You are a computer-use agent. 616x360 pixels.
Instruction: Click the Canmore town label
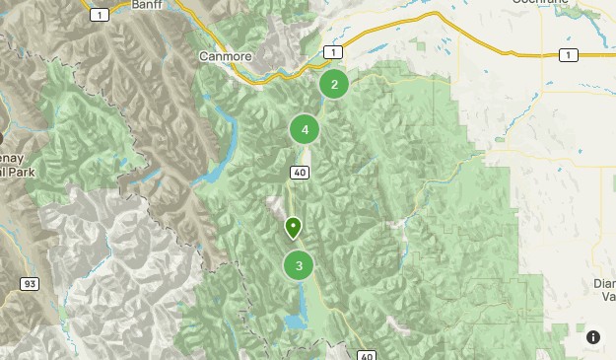point(226,56)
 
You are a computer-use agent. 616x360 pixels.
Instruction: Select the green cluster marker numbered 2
point(334,84)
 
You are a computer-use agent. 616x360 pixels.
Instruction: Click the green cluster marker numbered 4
point(305,129)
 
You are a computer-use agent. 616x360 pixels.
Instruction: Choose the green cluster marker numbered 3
point(299,265)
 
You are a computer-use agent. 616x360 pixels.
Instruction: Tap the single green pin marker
point(293,228)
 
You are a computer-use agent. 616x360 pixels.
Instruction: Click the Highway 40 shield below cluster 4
point(300,174)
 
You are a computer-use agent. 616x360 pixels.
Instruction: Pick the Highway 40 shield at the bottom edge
point(366,355)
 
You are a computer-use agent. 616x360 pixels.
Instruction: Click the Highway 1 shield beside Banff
point(99,15)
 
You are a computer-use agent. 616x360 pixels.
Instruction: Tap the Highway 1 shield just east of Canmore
point(334,51)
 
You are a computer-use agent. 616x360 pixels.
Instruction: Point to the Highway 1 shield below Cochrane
point(567,55)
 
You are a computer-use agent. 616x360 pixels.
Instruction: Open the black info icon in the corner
point(593,337)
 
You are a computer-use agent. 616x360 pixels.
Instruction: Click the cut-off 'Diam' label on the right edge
point(603,283)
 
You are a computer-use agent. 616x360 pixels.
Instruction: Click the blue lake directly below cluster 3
point(295,322)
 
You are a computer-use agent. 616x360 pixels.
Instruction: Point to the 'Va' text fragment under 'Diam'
point(607,296)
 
